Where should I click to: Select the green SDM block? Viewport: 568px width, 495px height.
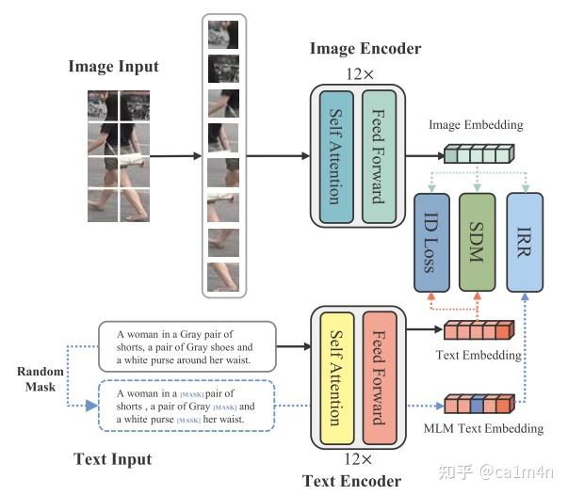pos(478,240)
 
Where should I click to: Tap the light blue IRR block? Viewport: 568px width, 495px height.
pos(526,240)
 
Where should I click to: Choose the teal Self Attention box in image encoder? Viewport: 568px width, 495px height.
pos(336,155)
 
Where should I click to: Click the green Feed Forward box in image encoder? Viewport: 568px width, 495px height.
pos(380,155)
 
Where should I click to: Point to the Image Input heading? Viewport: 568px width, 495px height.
pos(113,67)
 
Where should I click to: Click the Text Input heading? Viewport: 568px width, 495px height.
pos(112,459)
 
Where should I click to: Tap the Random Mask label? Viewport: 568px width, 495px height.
pos(41,379)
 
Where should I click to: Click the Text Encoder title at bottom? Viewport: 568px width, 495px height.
pos(351,481)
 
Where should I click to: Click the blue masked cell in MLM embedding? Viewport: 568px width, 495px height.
pos(478,406)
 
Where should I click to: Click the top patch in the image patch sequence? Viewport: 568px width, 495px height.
pos(223,35)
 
